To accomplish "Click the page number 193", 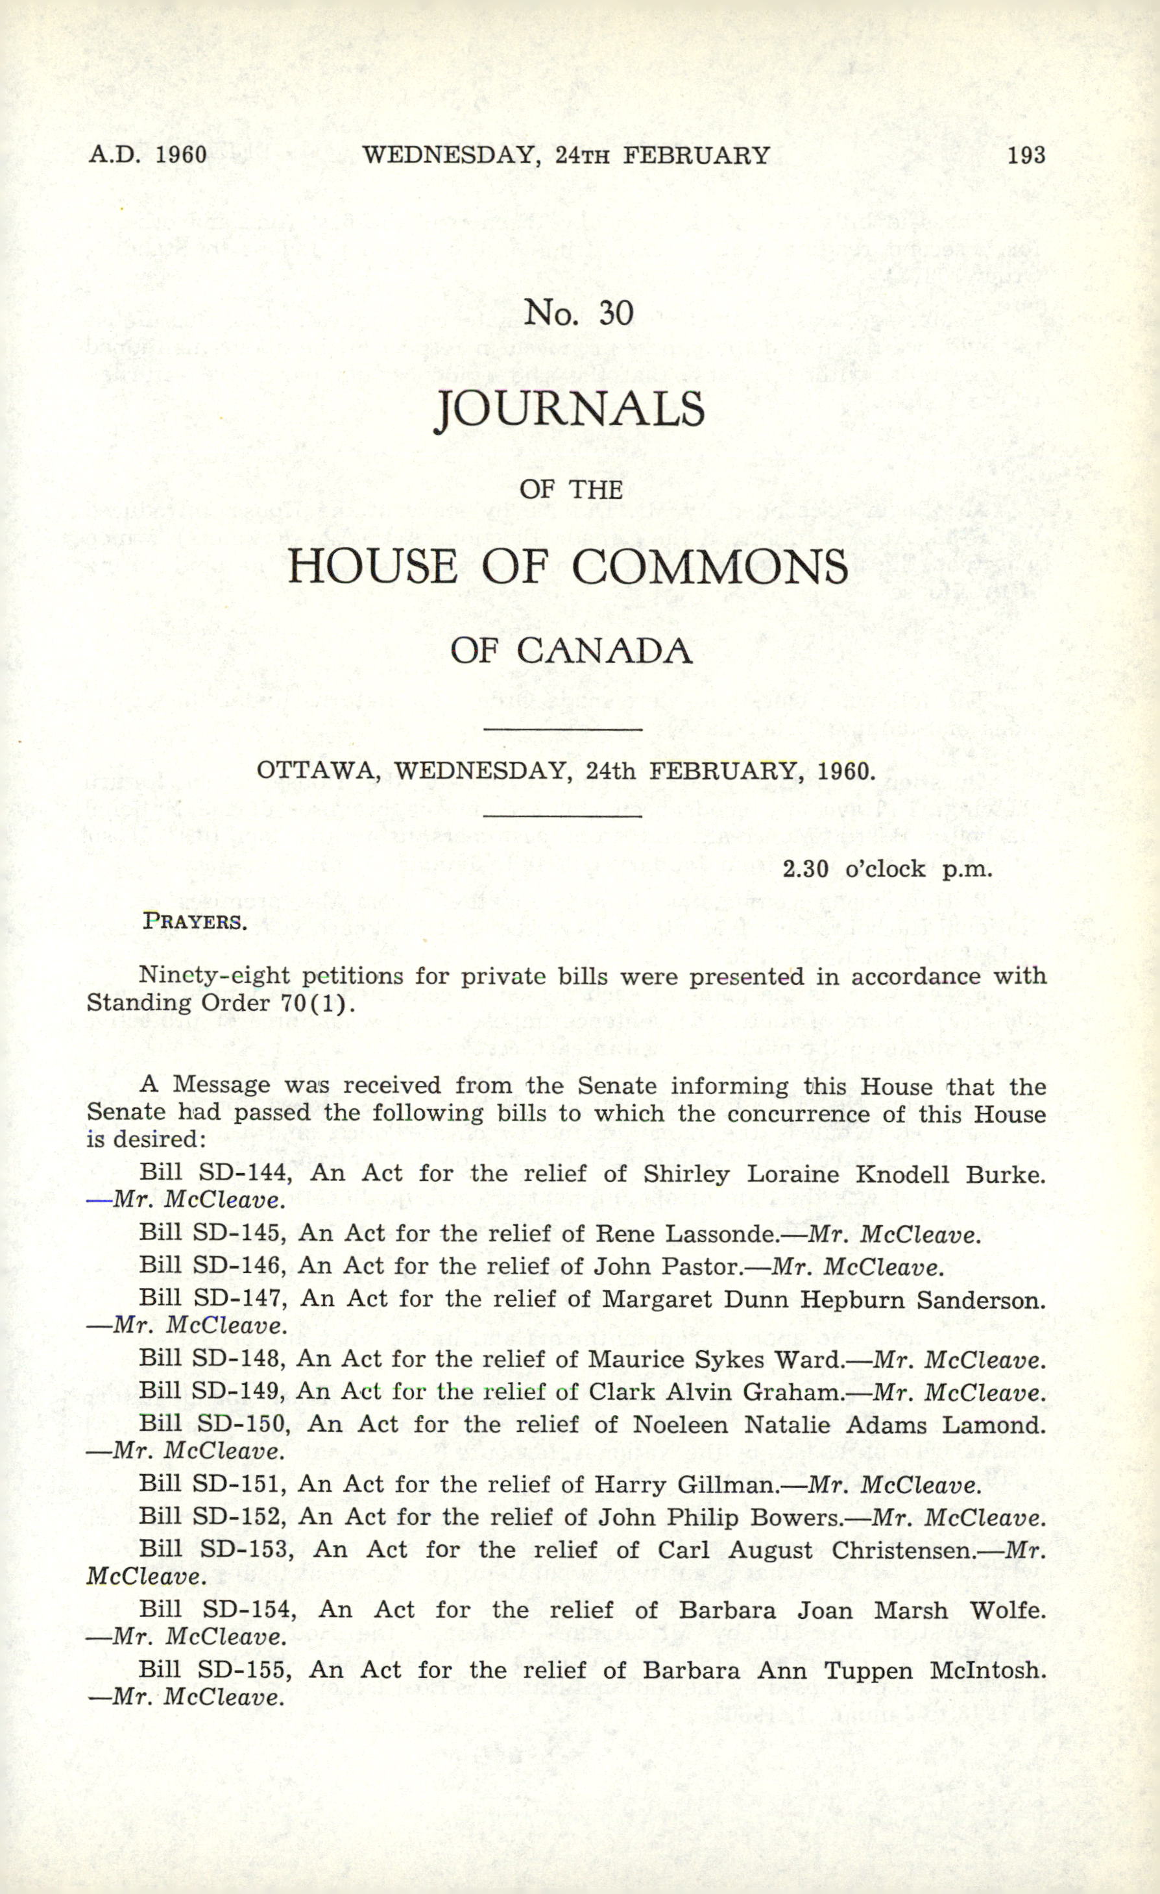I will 1026,155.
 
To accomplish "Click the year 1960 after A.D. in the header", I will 182,155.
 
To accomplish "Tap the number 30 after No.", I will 616,313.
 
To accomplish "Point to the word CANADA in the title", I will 604,652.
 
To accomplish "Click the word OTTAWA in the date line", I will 316,770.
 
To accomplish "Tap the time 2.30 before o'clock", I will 805,869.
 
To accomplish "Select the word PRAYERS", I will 195,921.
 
